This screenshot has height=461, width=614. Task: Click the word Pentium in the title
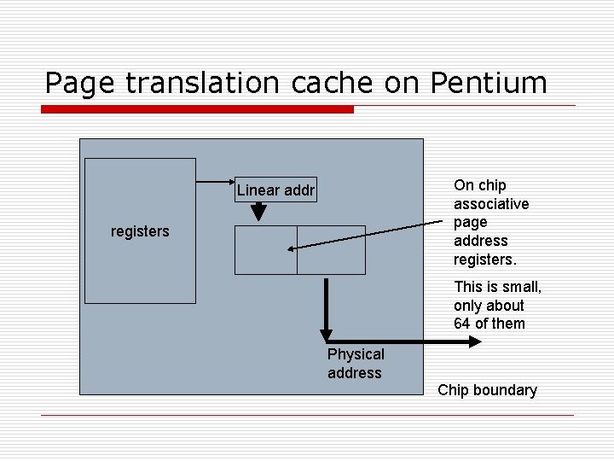pyautogui.click(x=489, y=83)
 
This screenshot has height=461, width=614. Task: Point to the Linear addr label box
pyautogui.click(x=275, y=190)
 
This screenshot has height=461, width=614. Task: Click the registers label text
pyautogui.click(x=140, y=230)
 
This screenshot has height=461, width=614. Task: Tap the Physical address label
pyautogui.click(x=356, y=363)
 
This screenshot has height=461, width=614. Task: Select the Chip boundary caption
pyautogui.click(x=487, y=390)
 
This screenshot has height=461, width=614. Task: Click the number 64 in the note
pyautogui.click(x=462, y=324)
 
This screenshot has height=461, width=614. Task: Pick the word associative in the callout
pyautogui.click(x=491, y=203)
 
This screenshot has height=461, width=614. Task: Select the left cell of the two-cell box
pyautogui.click(x=265, y=249)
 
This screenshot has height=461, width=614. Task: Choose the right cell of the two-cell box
pyautogui.click(x=331, y=249)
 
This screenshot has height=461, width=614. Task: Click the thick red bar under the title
pyautogui.click(x=197, y=110)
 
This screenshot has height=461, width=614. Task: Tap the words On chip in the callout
pyautogui.click(x=480, y=184)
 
